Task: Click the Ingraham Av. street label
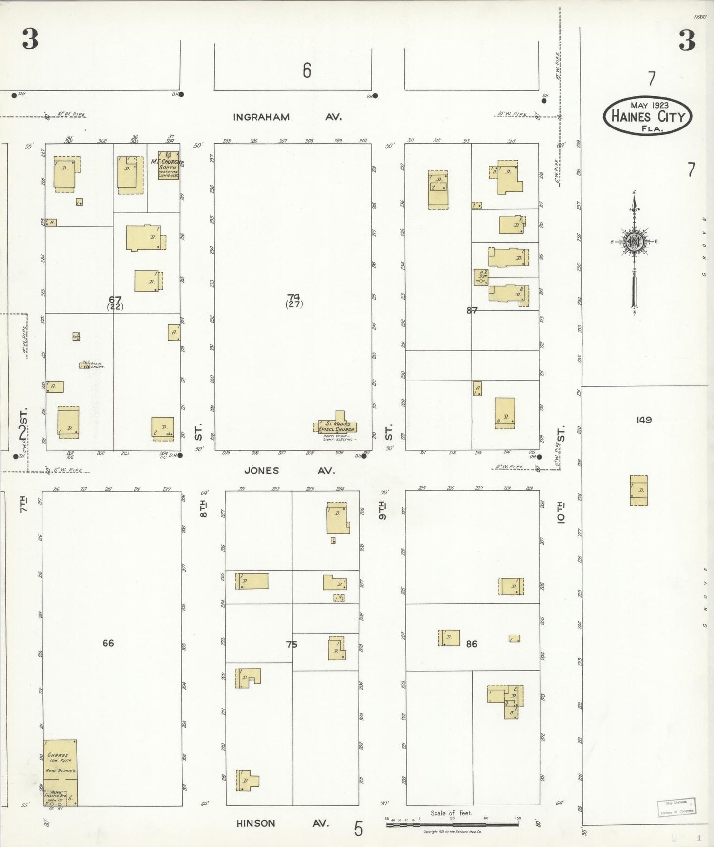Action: [287, 117]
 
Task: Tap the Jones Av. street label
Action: [289, 471]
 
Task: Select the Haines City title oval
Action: [647, 116]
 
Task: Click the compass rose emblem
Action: [633, 242]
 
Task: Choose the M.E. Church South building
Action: [168, 166]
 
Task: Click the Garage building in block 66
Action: [60, 764]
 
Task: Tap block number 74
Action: [294, 297]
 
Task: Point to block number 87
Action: [472, 310]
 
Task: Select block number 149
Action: [644, 420]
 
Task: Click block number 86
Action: [472, 644]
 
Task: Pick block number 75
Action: [292, 644]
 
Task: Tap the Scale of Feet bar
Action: [452, 824]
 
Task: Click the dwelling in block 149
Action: [639, 490]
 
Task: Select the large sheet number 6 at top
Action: [307, 71]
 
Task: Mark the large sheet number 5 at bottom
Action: [358, 829]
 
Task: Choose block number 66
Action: [108, 643]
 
